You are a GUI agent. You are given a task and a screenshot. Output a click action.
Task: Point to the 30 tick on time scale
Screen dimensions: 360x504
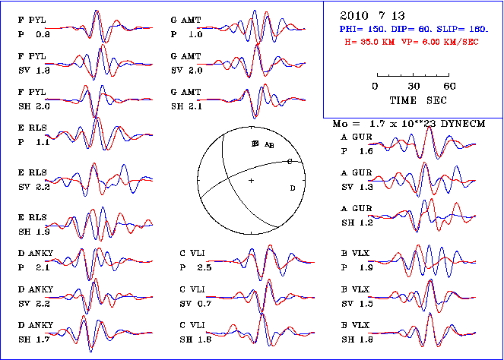click(x=414, y=86)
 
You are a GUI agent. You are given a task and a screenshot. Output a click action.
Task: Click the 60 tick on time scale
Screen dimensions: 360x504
click(x=450, y=86)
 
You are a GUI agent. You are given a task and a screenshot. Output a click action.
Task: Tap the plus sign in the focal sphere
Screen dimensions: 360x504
click(x=251, y=180)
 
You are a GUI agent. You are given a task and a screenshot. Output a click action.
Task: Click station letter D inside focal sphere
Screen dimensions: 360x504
click(x=293, y=188)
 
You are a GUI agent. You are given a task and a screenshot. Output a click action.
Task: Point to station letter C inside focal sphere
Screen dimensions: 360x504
click(x=289, y=161)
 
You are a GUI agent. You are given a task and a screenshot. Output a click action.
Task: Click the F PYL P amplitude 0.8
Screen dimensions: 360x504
click(x=43, y=34)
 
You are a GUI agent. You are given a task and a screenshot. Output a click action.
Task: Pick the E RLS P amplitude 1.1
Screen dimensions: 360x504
click(x=43, y=141)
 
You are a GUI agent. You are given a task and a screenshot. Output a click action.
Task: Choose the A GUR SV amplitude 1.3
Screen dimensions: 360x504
click(x=369, y=186)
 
